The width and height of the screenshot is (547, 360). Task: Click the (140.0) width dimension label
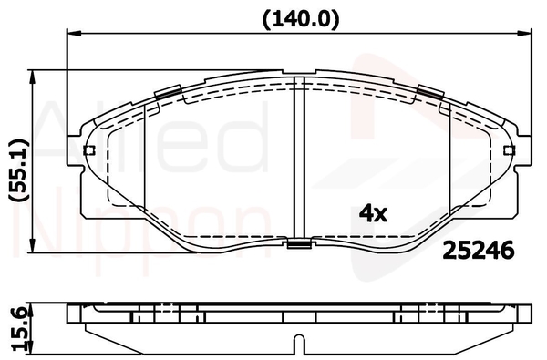(300, 19)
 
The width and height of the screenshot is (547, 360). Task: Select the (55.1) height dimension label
(18, 170)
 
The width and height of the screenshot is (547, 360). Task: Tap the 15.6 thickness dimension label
(20, 330)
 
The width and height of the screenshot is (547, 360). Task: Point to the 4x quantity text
(373, 213)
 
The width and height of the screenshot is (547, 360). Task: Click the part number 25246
(479, 250)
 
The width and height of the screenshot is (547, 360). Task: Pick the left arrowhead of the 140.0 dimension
(74, 34)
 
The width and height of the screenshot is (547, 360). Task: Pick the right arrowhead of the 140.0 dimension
(524, 34)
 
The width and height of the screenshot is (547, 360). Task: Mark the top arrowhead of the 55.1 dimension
(33, 77)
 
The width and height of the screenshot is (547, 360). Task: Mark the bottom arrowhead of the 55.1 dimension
(33, 245)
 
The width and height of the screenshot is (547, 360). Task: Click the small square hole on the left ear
(89, 150)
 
